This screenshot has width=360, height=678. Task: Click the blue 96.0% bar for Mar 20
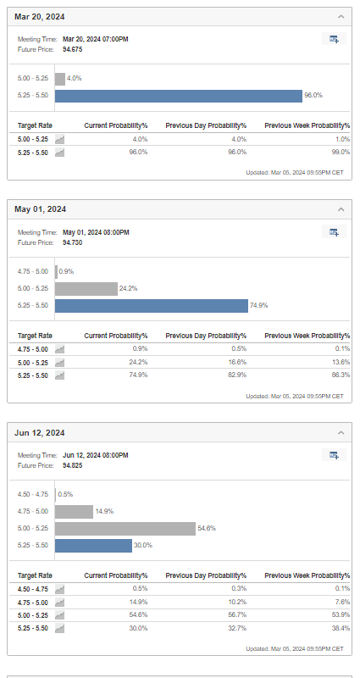click(179, 96)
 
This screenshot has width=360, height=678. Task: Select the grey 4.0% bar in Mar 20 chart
click(60, 79)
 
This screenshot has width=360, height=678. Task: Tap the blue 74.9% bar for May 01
click(152, 306)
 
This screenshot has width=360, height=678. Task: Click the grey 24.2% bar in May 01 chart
click(86, 289)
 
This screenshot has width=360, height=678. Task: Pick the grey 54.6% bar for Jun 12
click(125, 528)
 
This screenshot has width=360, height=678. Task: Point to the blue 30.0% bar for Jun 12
click(93, 546)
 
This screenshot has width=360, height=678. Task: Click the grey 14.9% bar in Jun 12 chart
click(74, 512)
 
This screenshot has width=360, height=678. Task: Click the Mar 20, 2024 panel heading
click(40, 17)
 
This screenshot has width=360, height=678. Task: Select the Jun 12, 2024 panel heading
click(40, 433)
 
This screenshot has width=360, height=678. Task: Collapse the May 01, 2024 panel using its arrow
click(341, 209)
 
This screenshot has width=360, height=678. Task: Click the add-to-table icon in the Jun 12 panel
click(334, 455)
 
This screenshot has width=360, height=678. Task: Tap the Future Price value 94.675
click(73, 49)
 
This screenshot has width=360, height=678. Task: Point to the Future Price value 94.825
click(73, 465)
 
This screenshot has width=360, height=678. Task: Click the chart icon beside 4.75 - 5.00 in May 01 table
click(59, 349)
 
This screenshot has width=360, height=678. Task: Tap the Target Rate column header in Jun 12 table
click(35, 575)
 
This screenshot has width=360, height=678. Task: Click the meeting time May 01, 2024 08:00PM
click(96, 232)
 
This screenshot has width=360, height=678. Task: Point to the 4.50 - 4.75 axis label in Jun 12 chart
click(33, 494)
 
